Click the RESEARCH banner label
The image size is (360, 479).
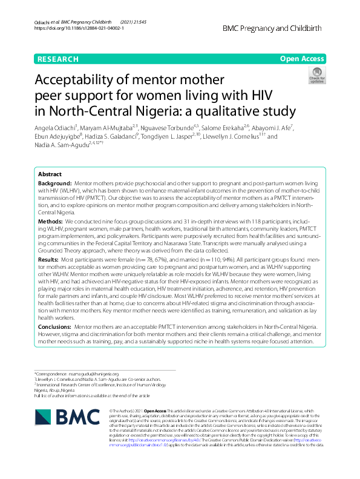[x=57, y=59]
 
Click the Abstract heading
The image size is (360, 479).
[x=51, y=174]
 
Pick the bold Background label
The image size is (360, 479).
[x=54, y=182]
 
